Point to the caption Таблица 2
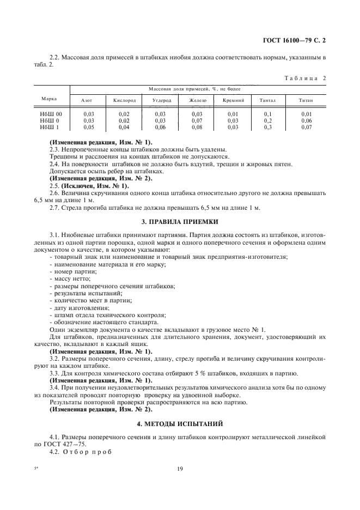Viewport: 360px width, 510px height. [x=304, y=77]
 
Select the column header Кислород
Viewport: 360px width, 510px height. [x=124, y=100]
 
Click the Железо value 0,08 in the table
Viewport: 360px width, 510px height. [x=197, y=126]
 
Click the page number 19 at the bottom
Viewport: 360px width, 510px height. [x=180, y=467]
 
